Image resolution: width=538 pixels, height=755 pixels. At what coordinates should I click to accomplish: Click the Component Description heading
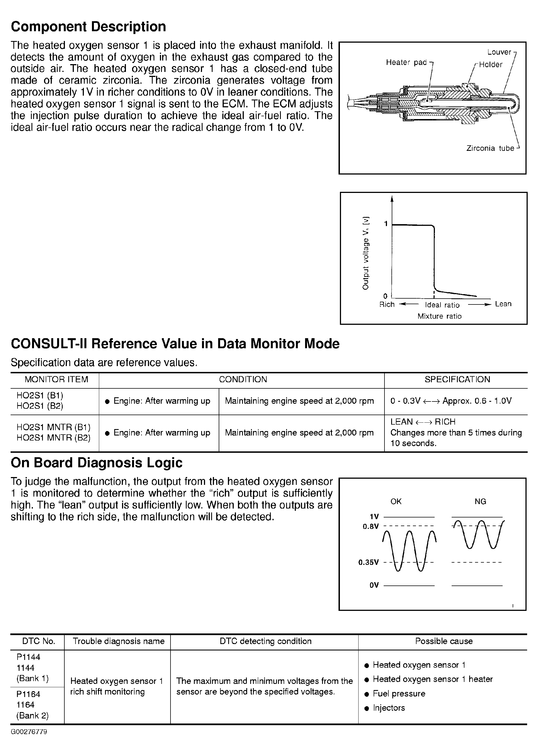click(88, 27)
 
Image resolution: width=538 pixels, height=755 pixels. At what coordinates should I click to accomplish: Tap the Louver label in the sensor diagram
click(499, 52)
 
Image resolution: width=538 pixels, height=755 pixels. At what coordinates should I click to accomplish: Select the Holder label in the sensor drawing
click(490, 65)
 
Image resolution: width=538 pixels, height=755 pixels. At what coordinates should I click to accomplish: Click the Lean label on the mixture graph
click(503, 304)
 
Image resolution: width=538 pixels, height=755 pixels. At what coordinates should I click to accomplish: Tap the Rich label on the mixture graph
click(387, 304)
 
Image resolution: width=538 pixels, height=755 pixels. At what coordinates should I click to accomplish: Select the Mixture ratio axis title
click(439, 316)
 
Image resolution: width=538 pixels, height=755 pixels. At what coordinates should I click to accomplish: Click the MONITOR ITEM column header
click(56, 379)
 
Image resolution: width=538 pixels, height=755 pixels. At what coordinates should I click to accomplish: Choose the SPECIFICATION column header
click(457, 379)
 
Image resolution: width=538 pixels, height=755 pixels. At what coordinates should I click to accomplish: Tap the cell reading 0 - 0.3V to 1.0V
click(451, 401)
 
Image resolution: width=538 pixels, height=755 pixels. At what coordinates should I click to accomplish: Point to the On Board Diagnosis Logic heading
click(96, 463)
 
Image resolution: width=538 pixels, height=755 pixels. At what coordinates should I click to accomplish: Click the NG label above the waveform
click(480, 502)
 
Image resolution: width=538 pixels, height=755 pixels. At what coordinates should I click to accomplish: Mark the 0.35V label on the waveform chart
click(368, 562)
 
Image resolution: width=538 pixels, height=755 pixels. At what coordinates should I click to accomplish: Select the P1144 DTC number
click(28, 657)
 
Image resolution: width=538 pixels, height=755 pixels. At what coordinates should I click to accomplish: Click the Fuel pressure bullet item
click(399, 694)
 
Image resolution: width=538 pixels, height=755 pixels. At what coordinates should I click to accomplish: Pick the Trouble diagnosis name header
click(119, 641)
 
